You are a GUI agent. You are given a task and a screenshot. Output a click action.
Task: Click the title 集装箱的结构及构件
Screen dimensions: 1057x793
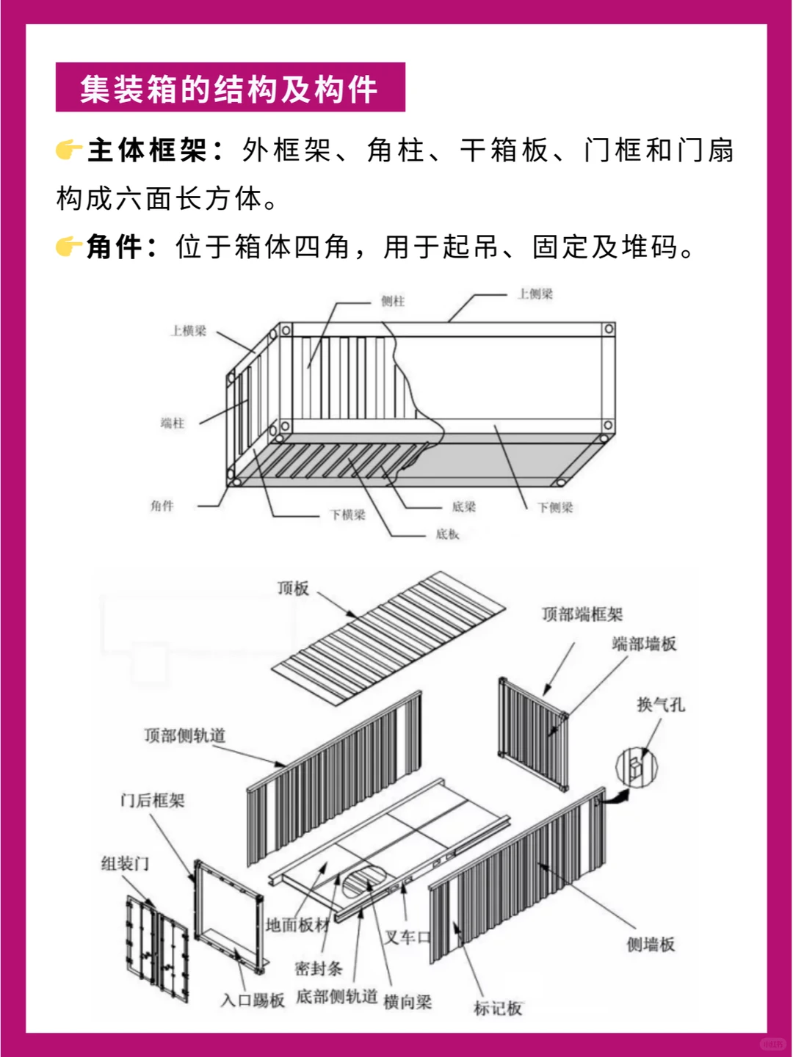point(229,89)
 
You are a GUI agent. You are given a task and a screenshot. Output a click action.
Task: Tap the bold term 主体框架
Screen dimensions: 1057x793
point(147,150)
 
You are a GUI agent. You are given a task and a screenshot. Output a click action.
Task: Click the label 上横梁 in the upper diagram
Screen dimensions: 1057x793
point(189,331)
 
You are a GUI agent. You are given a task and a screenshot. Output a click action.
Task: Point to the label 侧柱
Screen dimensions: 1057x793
point(393,301)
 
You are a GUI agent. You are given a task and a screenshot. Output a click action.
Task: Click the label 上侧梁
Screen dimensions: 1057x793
point(535,294)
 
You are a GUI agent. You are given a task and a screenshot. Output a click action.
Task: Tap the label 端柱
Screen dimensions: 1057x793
point(173,423)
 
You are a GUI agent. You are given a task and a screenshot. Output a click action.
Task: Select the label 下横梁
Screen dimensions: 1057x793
point(347,515)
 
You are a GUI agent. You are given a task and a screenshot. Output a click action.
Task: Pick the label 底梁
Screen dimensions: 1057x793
point(463,506)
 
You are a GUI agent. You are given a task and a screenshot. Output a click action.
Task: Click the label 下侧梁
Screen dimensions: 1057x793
point(555,507)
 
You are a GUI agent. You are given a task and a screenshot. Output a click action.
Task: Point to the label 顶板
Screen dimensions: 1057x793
point(293,588)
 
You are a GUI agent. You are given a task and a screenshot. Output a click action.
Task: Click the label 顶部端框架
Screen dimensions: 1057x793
point(582,614)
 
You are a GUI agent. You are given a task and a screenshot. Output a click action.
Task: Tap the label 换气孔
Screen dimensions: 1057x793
point(660,705)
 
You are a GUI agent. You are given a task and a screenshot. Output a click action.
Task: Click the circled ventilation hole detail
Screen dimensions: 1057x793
point(636,767)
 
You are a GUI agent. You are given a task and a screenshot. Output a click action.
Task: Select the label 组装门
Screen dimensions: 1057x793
point(125,863)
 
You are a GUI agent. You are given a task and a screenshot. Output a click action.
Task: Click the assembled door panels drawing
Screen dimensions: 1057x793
point(156,948)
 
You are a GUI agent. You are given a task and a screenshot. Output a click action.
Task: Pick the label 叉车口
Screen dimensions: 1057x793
point(408,937)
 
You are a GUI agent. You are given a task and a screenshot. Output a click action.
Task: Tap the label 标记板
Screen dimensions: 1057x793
point(498,1009)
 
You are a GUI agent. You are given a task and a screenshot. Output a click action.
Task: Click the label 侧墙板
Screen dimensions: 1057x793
point(650,945)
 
